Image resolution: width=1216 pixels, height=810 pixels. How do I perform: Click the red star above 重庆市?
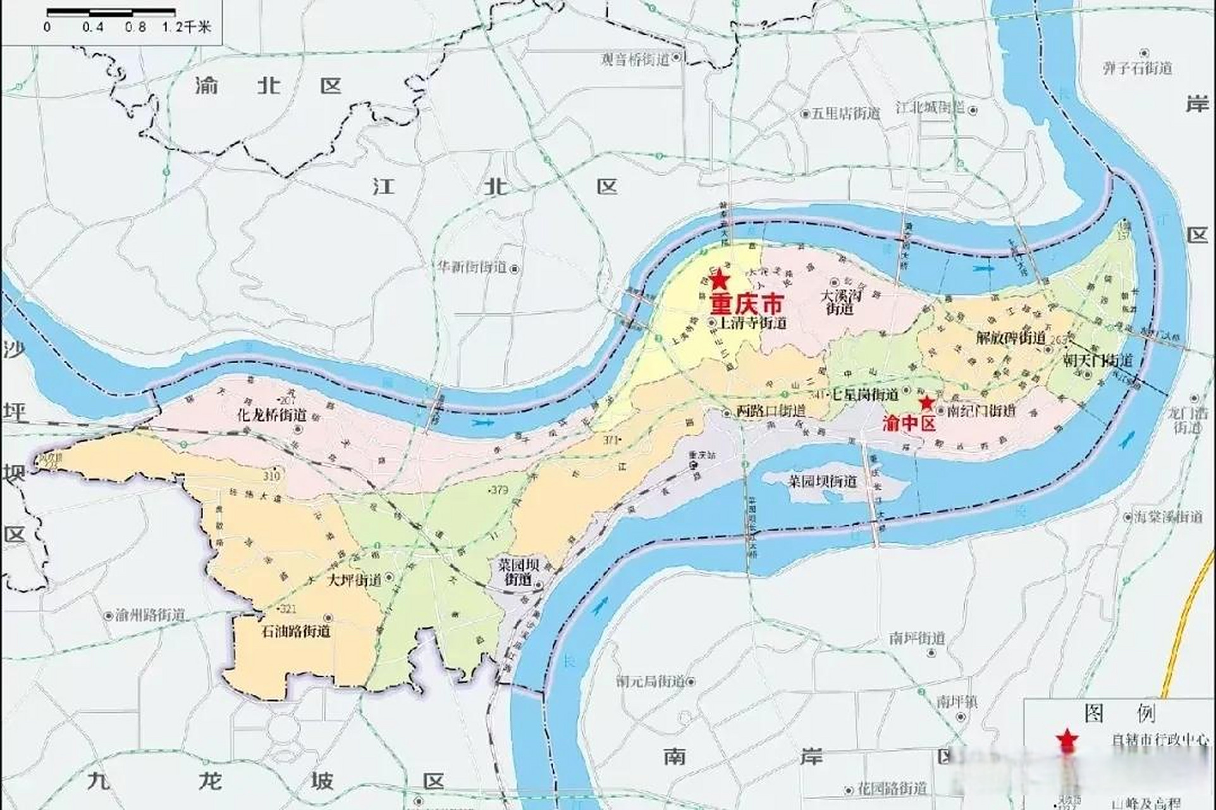click(720, 280)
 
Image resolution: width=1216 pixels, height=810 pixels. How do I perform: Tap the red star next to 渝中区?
click(926, 402)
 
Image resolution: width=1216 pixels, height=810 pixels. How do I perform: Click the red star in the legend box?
click(1067, 738)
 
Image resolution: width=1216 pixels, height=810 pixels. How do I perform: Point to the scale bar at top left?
click(111, 11)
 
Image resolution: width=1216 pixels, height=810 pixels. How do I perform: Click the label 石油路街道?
click(296, 632)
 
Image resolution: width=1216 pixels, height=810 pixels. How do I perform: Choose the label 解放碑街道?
click(1010, 338)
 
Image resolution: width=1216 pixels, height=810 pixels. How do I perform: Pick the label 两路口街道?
click(771, 411)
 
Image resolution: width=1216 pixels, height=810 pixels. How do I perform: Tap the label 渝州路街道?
click(150, 615)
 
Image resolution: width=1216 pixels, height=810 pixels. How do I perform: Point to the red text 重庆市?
click(746, 304)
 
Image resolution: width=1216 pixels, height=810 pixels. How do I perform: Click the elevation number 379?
click(500, 490)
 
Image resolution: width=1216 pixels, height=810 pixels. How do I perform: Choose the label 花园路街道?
click(892, 789)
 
